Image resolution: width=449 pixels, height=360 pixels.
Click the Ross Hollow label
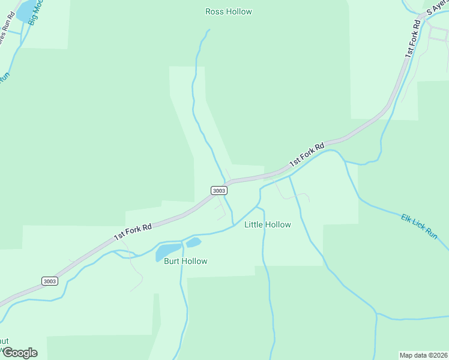tap(228, 11)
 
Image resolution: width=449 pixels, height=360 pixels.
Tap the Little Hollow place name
tap(267, 224)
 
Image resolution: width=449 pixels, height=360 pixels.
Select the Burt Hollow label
tap(185, 261)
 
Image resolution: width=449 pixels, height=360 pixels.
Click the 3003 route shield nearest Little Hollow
tap(219, 190)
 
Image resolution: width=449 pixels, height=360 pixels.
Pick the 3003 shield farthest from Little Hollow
tap(50, 281)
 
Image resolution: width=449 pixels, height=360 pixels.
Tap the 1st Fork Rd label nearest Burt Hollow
tap(133, 230)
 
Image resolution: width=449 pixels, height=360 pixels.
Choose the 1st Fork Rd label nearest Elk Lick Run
tap(307, 154)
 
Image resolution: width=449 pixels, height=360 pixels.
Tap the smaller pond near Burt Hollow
tap(193, 242)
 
